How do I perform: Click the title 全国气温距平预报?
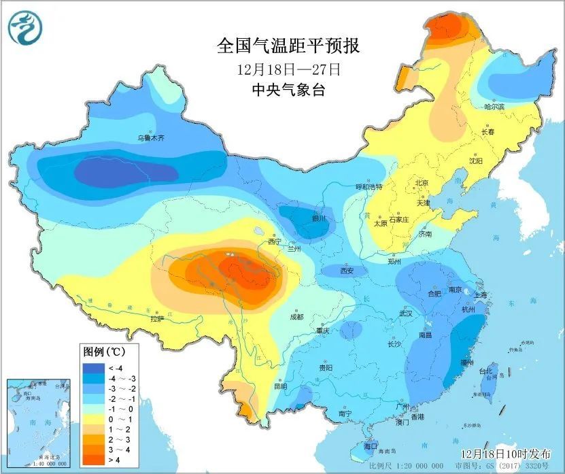pyautogui.click(x=288, y=46)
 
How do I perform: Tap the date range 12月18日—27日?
pyautogui.click(x=288, y=69)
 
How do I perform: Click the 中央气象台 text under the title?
pyautogui.click(x=288, y=90)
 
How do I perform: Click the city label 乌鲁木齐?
pyautogui.click(x=151, y=137)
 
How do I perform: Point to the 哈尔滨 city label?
pyautogui.click(x=494, y=107)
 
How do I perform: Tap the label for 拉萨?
pyautogui.click(x=157, y=318)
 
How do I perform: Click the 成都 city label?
pyautogui.click(x=296, y=316)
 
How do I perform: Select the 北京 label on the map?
pyautogui.click(x=422, y=183)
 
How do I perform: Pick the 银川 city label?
pyautogui.click(x=319, y=218)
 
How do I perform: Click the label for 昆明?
pyautogui.click(x=280, y=386)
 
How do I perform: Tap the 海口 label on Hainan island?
pyautogui.click(x=371, y=446)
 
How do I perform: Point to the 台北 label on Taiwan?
pyautogui.click(x=485, y=371)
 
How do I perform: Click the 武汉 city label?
pyautogui.click(x=406, y=314)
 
